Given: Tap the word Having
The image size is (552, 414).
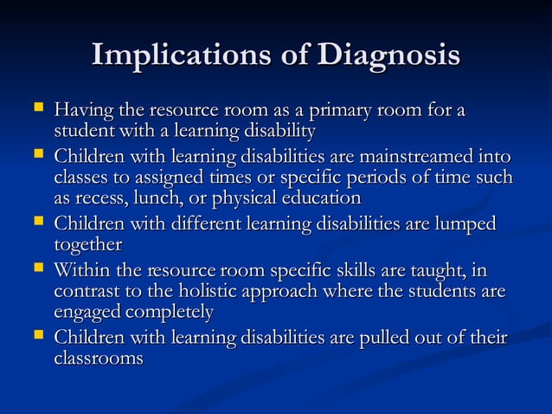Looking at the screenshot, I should (x=80, y=112).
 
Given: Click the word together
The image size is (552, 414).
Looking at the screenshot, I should (x=87, y=244).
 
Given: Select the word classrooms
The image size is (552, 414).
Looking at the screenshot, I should (x=98, y=357).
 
